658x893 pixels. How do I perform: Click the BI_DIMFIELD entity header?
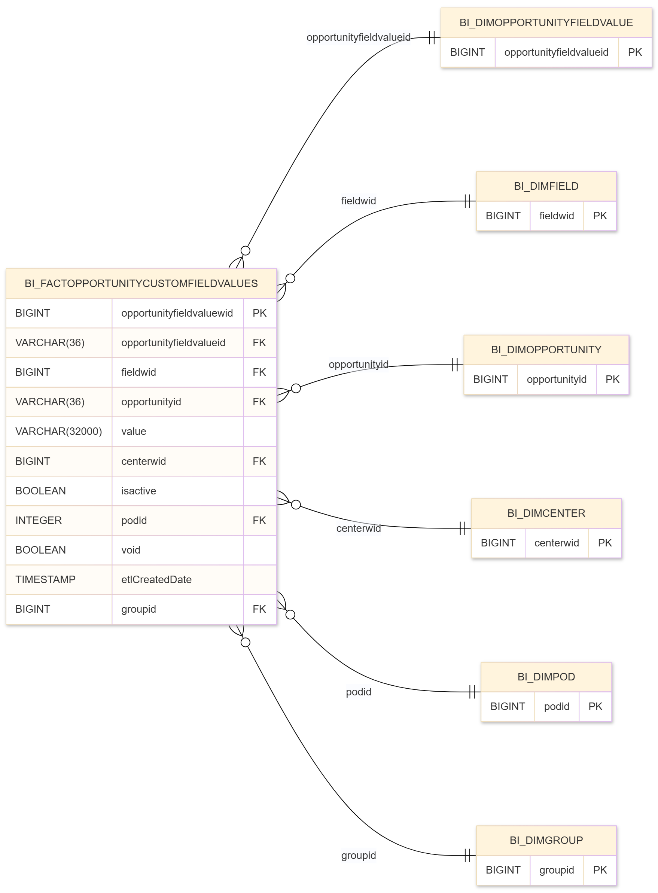[546, 186]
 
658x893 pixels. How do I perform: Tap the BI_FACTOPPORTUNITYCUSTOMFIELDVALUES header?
[141, 283]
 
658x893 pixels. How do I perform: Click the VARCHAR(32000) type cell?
[58, 432]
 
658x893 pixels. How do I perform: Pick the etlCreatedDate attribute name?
[156, 579]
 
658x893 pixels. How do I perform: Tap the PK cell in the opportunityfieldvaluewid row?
[259, 313]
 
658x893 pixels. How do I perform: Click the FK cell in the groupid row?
[259, 609]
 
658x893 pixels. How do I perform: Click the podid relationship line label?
[359, 692]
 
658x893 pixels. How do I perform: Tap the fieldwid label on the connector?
[359, 201]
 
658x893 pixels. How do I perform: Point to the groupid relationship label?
[359, 855]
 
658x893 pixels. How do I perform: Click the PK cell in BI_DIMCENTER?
[604, 543]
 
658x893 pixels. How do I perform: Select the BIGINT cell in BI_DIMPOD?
[508, 706]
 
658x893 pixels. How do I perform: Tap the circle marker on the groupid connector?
[246, 642]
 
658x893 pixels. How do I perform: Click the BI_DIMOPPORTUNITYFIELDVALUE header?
[546, 23]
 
